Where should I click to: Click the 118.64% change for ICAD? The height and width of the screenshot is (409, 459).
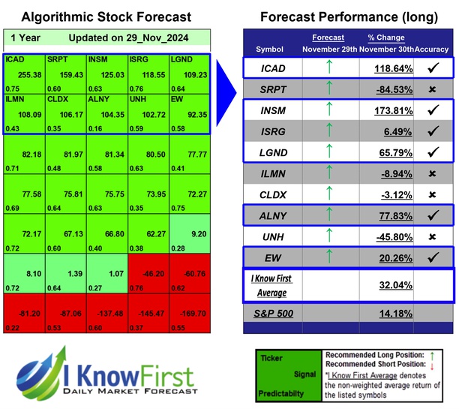[388, 69]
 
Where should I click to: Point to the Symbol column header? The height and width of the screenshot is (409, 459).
[270, 50]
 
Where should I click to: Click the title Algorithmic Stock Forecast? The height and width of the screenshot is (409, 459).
[106, 17]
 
